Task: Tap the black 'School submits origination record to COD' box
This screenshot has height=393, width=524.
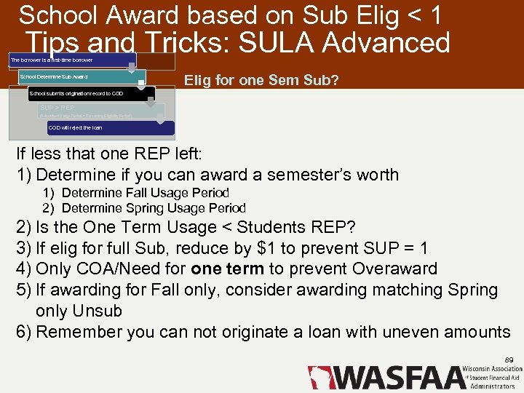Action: pos(90,94)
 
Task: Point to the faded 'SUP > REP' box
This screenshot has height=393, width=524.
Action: pos(100,111)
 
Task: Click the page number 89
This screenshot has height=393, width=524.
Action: pos(509,360)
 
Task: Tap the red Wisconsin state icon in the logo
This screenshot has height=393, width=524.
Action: pos(318,377)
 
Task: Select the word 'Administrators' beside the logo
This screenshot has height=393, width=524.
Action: pos(495,386)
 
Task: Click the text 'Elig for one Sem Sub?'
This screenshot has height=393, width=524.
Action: pos(261,80)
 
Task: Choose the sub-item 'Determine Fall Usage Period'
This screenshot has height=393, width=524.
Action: pos(146,193)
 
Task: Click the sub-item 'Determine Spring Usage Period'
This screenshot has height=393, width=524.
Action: pos(154,207)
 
